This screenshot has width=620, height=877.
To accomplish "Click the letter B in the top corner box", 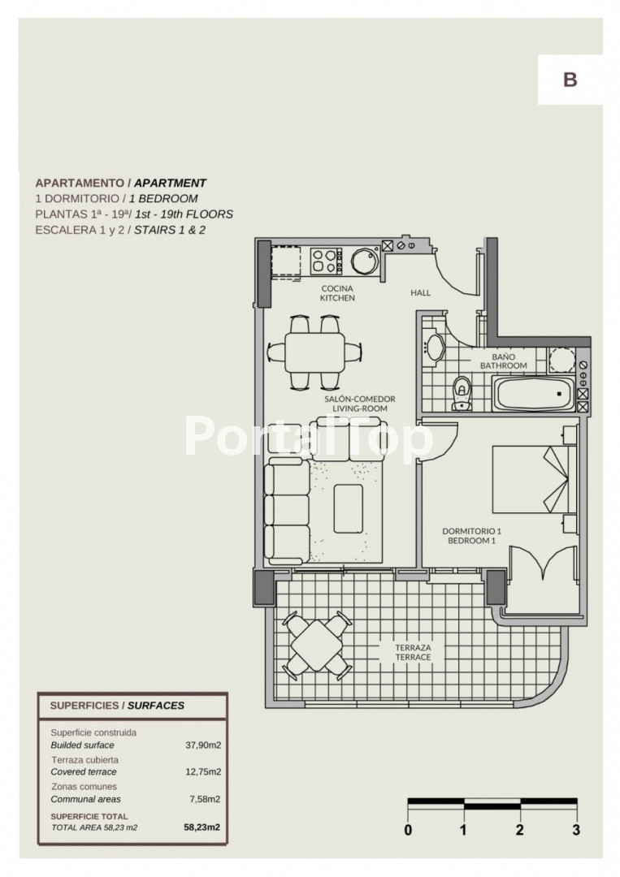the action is tap(570, 80).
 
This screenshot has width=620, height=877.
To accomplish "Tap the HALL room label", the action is tap(421, 292).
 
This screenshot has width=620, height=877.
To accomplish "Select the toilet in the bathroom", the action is tap(462, 393).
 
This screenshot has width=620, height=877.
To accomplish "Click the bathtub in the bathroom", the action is tap(533, 393).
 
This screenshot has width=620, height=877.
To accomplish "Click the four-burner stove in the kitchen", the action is tap(327, 261).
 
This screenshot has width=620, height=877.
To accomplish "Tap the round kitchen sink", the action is tap(365, 261).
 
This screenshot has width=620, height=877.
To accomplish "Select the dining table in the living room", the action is tap(314, 353).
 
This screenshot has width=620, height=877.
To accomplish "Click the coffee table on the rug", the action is tap(348, 508).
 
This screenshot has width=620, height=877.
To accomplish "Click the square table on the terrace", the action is tap(317, 645).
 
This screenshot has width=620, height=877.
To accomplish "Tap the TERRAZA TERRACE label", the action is tap(413, 652).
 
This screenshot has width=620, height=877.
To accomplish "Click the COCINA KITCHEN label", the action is tap(337, 293).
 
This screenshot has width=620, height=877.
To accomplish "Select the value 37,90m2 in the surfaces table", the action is tap(203, 745).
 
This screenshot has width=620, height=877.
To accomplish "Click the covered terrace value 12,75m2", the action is tap(203, 772).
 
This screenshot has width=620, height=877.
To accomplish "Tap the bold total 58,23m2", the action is tap(202, 827).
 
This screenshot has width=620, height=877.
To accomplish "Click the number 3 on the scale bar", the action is tap(576, 830).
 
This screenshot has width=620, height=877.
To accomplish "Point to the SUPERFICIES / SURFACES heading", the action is tap(117, 706).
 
